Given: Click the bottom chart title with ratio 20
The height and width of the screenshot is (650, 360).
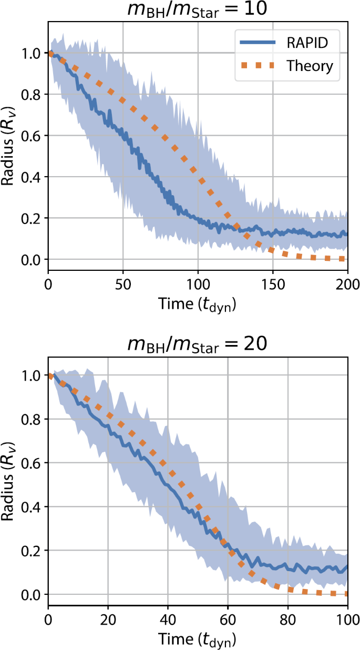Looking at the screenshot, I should [x=198, y=344].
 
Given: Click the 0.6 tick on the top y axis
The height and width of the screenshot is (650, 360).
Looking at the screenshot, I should [x=33, y=136].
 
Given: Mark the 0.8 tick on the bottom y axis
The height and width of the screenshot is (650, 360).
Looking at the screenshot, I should [x=33, y=420].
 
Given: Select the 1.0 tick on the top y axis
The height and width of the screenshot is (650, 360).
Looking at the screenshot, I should [x=33, y=54].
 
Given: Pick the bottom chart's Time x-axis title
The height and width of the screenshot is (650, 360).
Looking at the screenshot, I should [x=198, y=640].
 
